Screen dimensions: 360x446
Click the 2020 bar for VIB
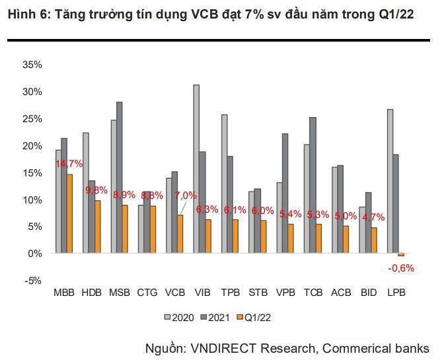196,168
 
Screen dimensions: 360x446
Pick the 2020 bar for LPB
390,181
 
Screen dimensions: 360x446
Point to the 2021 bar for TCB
313,185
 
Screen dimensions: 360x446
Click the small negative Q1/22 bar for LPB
401,254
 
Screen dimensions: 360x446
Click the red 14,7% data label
69,164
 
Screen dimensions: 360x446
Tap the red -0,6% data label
402,268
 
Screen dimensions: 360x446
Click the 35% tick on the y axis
32,65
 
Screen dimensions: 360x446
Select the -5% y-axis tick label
33,280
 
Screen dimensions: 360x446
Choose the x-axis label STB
258,293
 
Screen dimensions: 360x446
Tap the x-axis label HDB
92,293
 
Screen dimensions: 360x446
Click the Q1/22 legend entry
255,317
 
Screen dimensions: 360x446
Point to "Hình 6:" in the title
25,15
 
